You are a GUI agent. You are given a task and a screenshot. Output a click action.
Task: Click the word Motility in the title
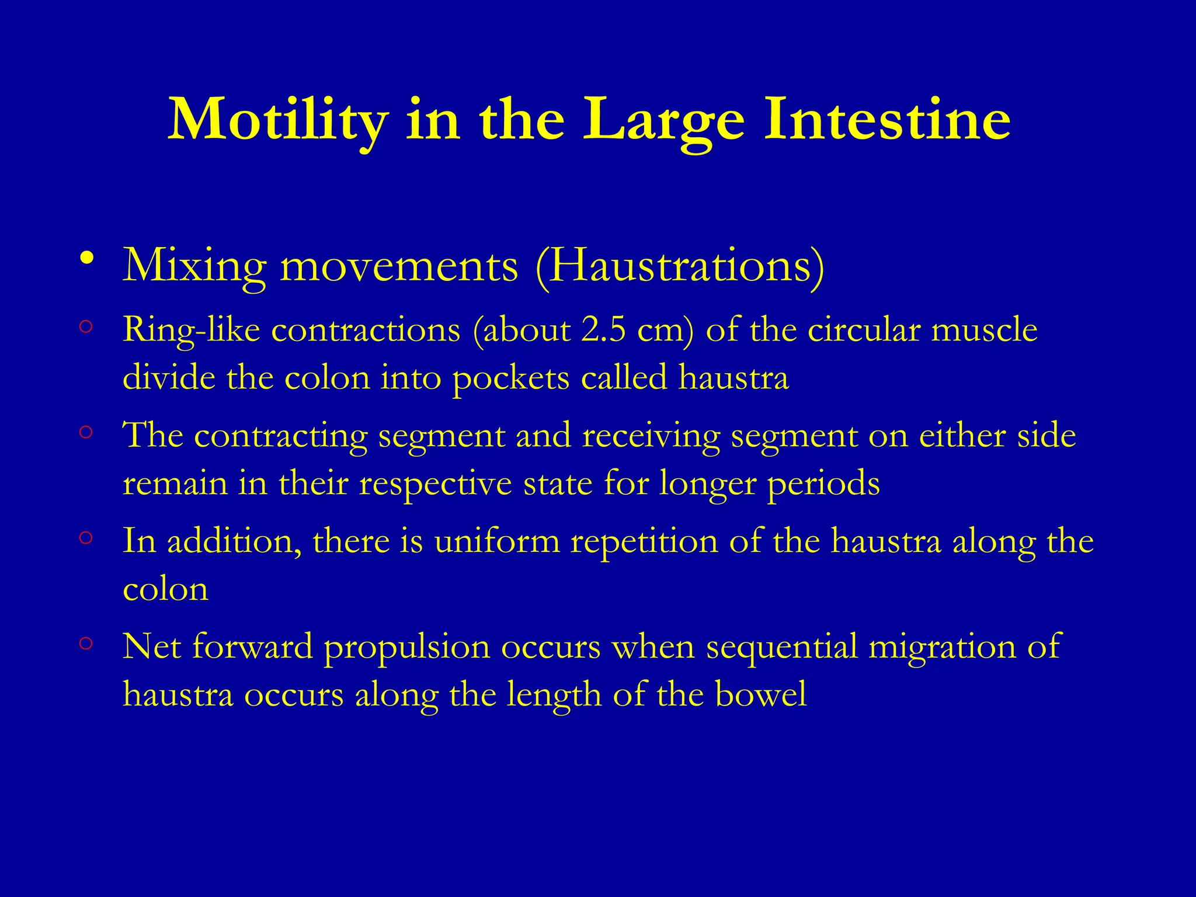pos(279,120)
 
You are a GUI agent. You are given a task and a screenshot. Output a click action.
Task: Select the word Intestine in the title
pos(887,119)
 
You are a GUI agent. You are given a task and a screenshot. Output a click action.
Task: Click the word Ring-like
pos(192,331)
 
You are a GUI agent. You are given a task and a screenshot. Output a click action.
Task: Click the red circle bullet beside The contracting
pos(86,433)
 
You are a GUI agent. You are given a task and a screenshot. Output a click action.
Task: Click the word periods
pos(823,485)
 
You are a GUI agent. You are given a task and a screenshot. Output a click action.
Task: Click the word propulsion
pos(406,648)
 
